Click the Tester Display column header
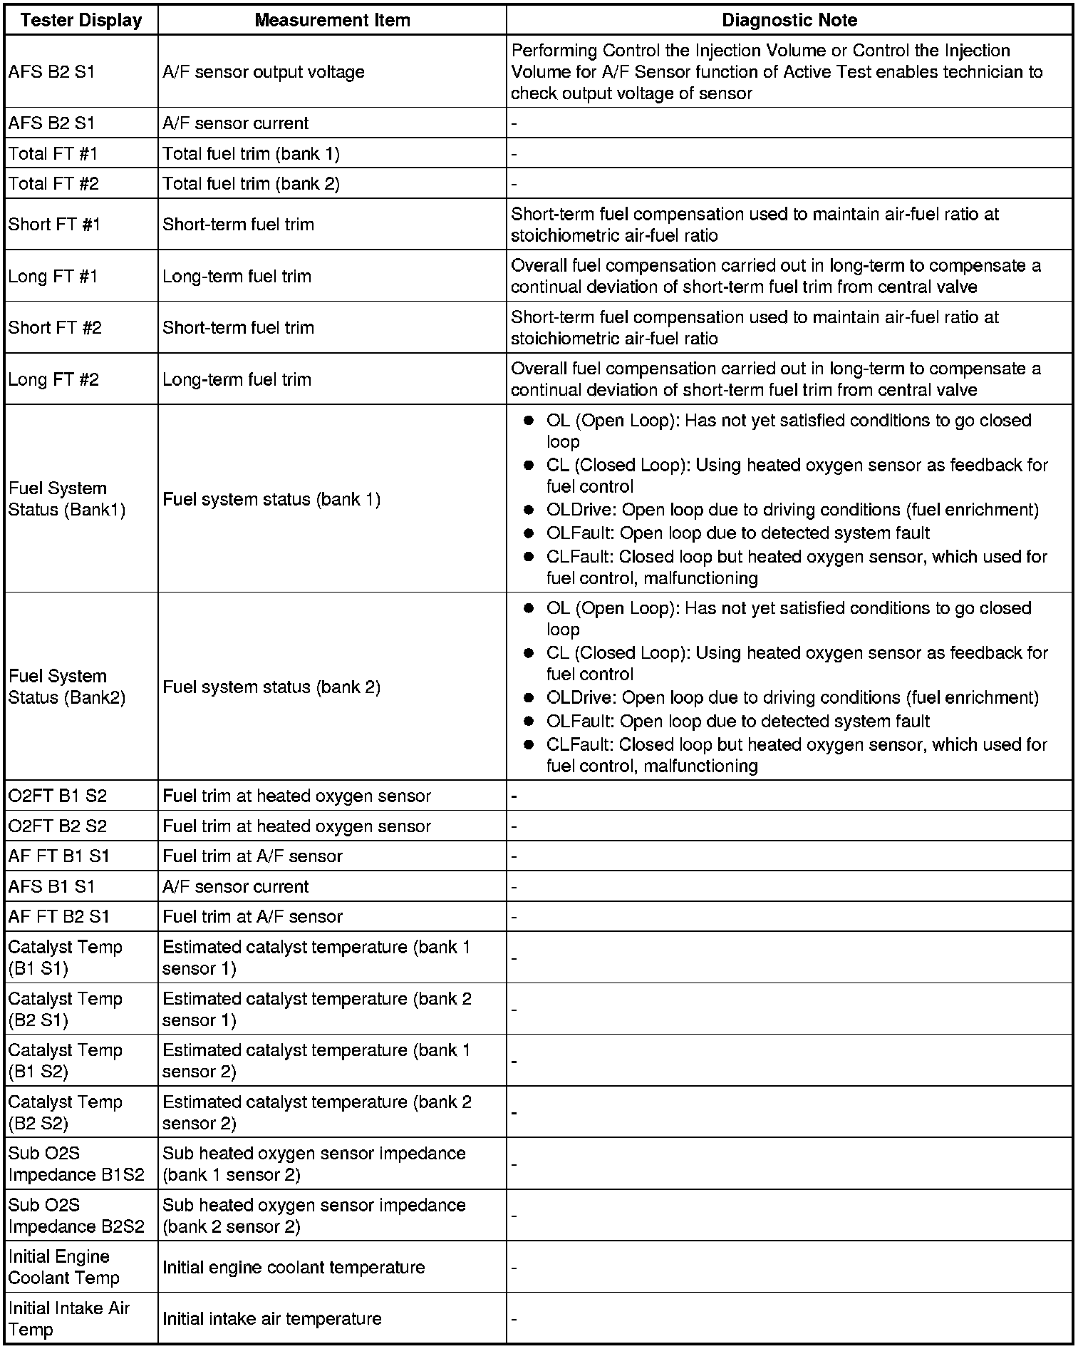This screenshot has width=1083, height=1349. click(81, 20)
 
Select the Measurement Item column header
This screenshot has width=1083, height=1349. click(332, 20)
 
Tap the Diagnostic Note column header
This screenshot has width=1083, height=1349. click(789, 20)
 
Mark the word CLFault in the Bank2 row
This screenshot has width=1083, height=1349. click(579, 744)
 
